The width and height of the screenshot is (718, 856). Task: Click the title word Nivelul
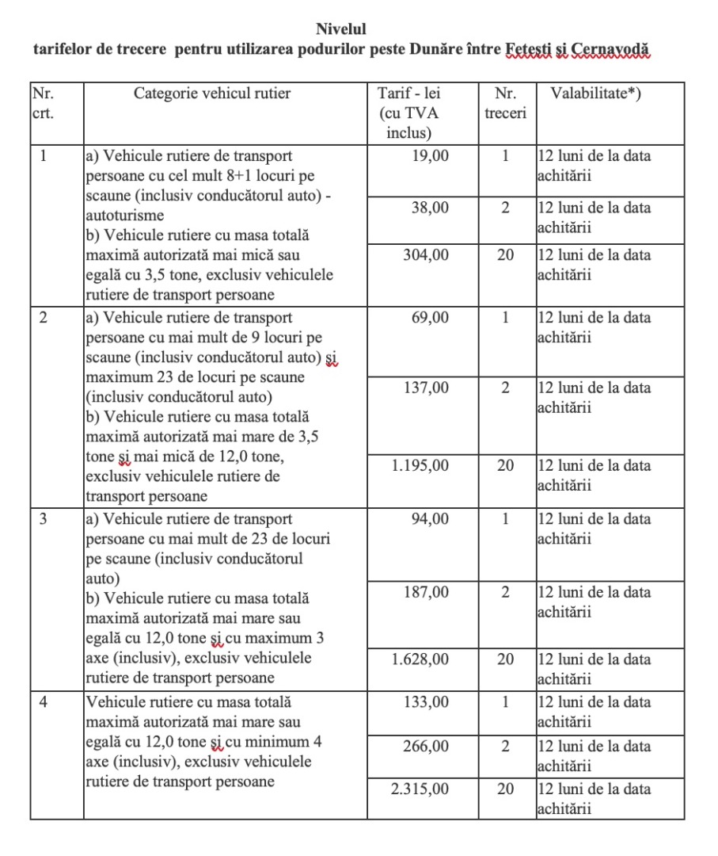pyautogui.click(x=341, y=29)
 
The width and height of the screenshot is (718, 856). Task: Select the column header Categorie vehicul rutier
pyautogui.click(x=212, y=94)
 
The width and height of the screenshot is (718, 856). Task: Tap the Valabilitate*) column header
pyautogui.click(x=596, y=94)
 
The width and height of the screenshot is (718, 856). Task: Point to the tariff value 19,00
pyautogui.click(x=430, y=156)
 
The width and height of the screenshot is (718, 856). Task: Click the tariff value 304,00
pyautogui.click(x=425, y=255)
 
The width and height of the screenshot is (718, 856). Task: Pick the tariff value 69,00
pyautogui.click(x=430, y=318)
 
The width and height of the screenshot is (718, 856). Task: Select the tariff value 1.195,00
pyautogui.click(x=420, y=465)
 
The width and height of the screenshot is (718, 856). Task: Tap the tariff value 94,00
pyautogui.click(x=430, y=519)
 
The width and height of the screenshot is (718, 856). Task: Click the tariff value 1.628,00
pyautogui.click(x=420, y=659)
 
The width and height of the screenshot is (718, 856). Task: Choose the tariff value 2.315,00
pyautogui.click(x=420, y=789)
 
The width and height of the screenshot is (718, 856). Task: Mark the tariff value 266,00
pyautogui.click(x=425, y=747)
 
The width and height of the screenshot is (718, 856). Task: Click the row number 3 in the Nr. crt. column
pyautogui.click(x=44, y=519)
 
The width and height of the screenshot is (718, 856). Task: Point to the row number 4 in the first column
pyautogui.click(x=44, y=702)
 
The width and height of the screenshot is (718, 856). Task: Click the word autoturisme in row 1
pyautogui.click(x=124, y=215)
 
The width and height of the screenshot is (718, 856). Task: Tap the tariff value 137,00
pyautogui.click(x=425, y=388)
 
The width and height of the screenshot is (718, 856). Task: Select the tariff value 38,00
pyautogui.click(x=430, y=208)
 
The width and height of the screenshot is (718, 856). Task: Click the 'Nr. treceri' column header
pyautogui.click(x=505, y=103)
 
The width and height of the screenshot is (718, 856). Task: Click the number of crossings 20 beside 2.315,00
pyautogui.click(x=505, y=789)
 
